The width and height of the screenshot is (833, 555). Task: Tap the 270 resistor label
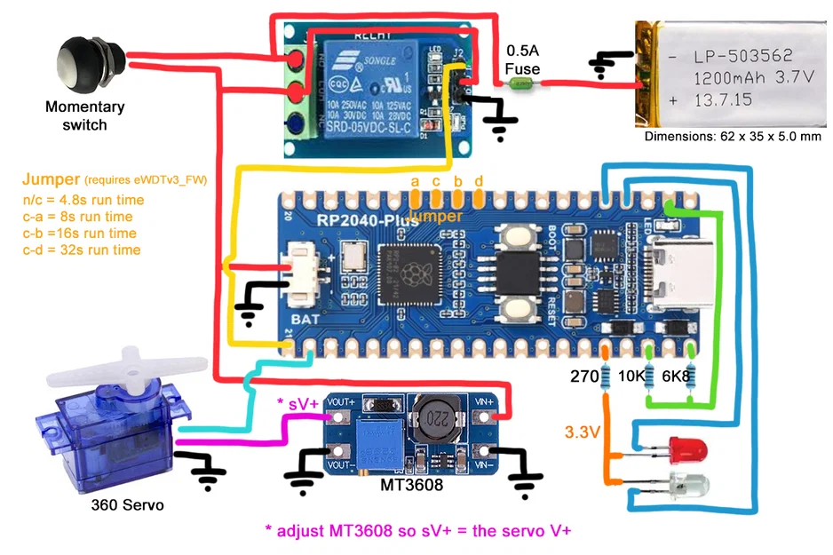coord(584,377)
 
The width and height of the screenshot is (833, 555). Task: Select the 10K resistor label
coord(631,377)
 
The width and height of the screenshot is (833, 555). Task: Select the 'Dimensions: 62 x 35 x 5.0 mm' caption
coord(733,137)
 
